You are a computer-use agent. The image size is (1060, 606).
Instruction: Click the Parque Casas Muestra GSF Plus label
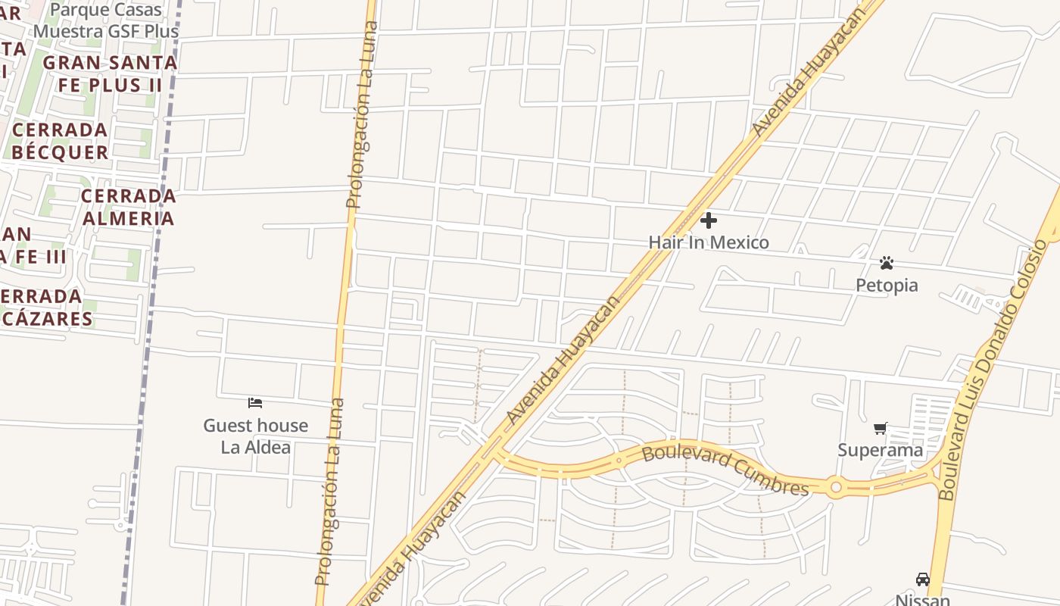pos(106,20)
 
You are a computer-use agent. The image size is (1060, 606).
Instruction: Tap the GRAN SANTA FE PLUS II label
pos(110,73)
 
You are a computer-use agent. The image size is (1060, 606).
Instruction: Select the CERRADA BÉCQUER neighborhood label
pos(60,141)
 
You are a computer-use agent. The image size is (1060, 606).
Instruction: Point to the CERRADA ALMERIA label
pos(128,207)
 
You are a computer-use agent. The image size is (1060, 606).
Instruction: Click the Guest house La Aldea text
pos(255,436)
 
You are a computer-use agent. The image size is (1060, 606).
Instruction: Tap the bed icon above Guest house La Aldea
pos(255,402)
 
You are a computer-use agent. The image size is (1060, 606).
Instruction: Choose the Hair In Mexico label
pos(708,242)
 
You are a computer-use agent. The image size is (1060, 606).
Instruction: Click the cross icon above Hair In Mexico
pos(709,220)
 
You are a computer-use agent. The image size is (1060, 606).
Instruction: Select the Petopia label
pos(887,285)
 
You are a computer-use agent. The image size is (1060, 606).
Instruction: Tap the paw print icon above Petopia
pos(887,263)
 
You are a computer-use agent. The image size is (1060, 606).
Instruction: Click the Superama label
pos(880,450)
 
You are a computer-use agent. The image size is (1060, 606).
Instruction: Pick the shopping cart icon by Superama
pos(880,429)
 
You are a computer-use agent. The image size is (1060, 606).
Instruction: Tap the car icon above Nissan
pos(922,579)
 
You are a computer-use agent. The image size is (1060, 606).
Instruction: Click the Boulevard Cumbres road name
pos(725,470)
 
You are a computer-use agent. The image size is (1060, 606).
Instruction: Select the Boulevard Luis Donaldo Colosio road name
pos(992,371)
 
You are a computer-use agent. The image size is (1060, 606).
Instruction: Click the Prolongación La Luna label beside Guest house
pos(330,492)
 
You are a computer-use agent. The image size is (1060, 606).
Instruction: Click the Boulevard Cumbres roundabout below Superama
pos(835,488)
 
